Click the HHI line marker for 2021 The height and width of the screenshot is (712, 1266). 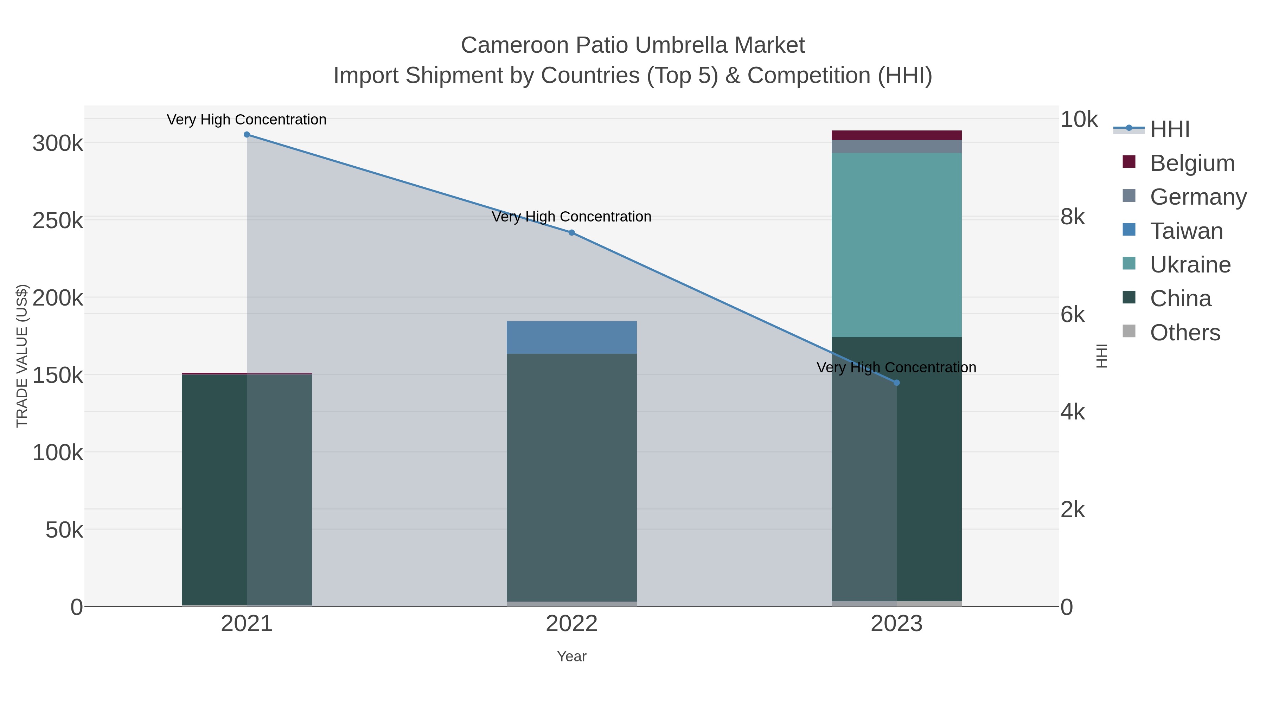pos(247,135)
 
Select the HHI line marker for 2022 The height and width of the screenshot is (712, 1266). pos(571,233)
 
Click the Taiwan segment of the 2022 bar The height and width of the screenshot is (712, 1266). pos(571,337)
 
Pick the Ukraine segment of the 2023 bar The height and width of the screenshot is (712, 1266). pos(896,245)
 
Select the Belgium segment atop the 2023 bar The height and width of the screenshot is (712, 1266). pos(896,135)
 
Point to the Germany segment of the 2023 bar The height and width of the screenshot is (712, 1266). pos(896,146)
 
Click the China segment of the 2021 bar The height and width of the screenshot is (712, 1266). pos(214,489)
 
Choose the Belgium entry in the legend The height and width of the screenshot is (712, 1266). pos(1192,163)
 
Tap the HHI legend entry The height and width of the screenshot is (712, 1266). pos(1169,129)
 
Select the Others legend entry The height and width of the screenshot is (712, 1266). pos(1184,333)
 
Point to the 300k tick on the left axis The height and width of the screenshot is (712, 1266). pos(58,144)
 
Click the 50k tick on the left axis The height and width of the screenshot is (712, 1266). pos(64,530)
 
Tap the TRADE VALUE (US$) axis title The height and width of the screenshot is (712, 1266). pos(22,356)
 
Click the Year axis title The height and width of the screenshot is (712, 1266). pos(571,656)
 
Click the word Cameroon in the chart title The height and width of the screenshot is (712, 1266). pos(514,45)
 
